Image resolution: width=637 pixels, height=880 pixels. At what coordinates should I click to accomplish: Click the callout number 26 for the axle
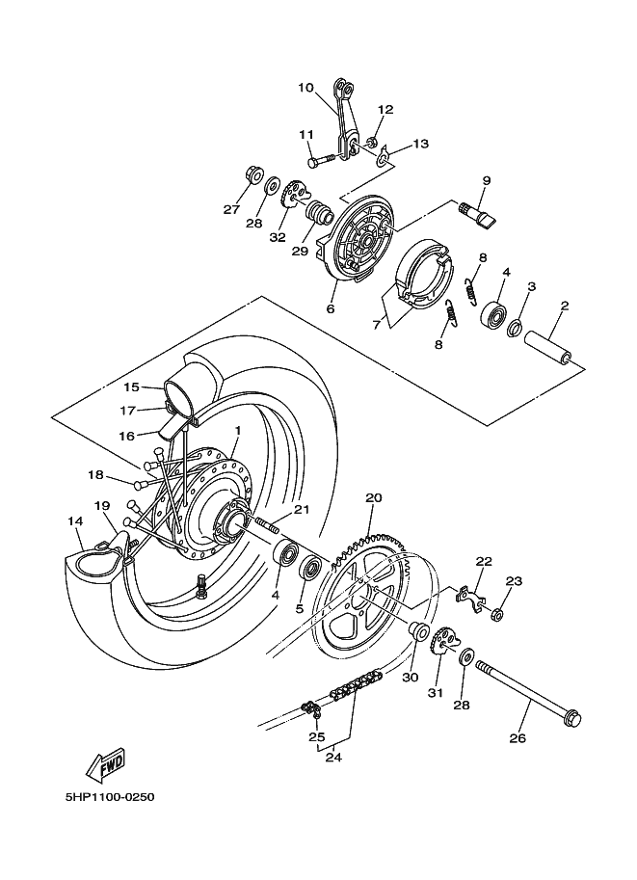point(518,739)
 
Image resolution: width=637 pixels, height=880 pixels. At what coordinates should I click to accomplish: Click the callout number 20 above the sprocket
point(374,498)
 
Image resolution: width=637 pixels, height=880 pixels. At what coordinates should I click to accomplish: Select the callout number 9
point(487,180)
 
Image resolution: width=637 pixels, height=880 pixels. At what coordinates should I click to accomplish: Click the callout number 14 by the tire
point(75,521)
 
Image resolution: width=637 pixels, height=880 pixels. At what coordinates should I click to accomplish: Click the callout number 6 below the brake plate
point(330,309)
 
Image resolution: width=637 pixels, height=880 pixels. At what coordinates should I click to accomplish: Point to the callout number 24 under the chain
point(333,758)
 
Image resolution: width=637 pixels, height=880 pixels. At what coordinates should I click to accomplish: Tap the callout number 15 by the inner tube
point(131,387)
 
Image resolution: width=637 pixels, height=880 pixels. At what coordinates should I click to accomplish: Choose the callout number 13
point(420,144)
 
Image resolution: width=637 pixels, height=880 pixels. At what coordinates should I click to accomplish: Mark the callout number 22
point(483,561)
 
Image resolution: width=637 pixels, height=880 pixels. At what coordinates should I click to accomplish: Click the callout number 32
point(278,237)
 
